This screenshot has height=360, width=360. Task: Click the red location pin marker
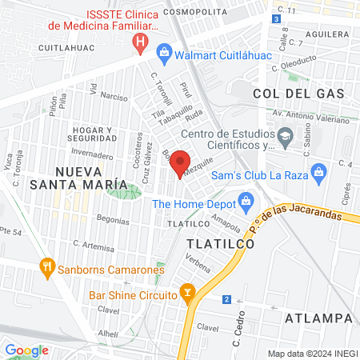pos(181,164)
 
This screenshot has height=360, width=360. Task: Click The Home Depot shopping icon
pos(246,200)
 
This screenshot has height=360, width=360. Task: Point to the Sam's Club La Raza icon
pos(318,172)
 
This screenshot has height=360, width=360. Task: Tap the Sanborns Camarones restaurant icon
pos(47,266)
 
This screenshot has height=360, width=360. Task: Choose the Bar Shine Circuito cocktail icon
pos(187,294)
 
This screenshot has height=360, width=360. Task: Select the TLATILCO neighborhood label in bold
pos(220,243)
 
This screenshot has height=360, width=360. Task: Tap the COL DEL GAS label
pos(298,94)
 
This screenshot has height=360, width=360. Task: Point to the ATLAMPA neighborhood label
pos(318,318)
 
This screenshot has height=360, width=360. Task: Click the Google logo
pos(26,350)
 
